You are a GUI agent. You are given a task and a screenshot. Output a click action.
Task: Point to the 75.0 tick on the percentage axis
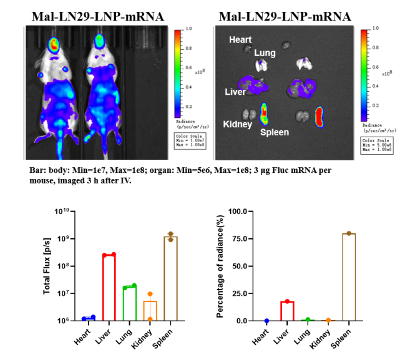(248, 238)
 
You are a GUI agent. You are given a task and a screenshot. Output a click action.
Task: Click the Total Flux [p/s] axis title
(47, 266)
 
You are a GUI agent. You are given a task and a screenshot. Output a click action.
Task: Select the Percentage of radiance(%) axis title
(220, 266)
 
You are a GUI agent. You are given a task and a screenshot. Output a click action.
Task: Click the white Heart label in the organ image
(240, 40)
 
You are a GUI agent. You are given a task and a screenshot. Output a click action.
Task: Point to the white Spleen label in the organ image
(274, 132)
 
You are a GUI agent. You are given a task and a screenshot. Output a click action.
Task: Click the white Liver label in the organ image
(235, 92)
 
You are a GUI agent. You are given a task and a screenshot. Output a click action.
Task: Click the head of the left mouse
(54, 45)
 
